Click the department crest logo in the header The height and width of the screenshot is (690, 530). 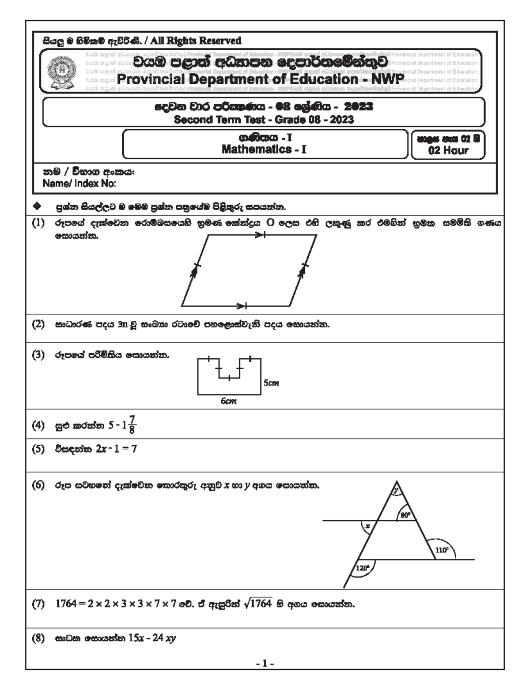[x=62, y=71]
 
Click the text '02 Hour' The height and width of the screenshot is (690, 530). [x=448, y=150]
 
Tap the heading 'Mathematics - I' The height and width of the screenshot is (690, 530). [x=264, y=149]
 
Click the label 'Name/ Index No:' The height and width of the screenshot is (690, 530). [x=79, y=184]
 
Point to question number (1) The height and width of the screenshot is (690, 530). [x=38, y=223]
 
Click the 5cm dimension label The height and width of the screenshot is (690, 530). [x=271, y=382]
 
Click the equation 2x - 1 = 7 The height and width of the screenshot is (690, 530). [x=116, y=449]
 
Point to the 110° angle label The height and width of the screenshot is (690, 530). [x=442, y=550]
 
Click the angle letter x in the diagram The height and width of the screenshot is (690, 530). [x=367, y=525]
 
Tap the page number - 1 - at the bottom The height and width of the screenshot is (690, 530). [x=265, y=663]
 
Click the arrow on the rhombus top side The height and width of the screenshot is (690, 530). [x=260, y=236]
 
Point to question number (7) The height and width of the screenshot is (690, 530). [x=38, y=604]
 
